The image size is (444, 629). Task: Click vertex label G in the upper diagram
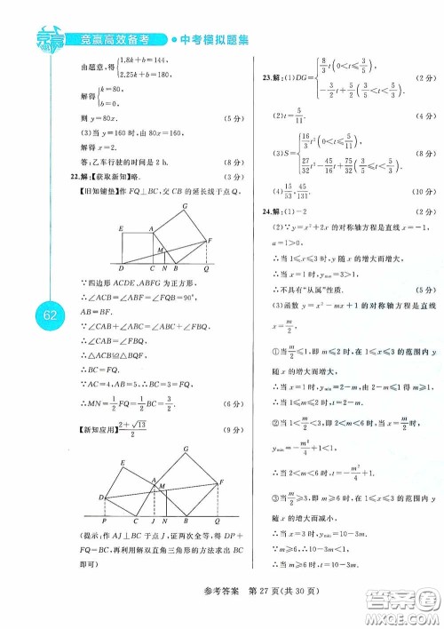(185, 207)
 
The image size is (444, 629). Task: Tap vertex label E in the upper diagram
(122, 230)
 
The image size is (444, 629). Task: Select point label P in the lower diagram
(105, 521)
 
